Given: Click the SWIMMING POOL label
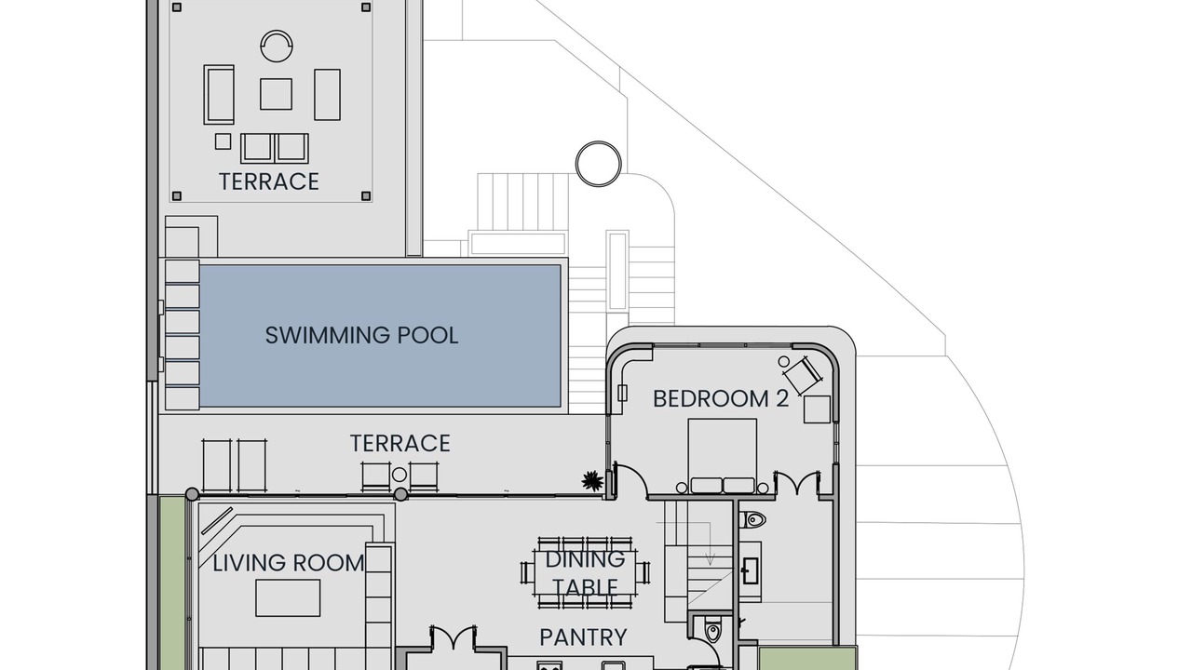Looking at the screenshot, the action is click(x=361, y=336).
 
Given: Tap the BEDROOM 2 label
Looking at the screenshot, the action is click(x=721, y=399).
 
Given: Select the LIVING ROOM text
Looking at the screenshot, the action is click(x=289, y=563).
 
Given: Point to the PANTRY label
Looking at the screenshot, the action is click(x=583, y=637).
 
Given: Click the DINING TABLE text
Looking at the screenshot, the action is click(x=586, y=573).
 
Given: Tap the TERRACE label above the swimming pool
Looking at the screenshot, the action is click(x=269, y=181).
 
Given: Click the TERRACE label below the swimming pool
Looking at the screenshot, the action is click(x=400, y=444).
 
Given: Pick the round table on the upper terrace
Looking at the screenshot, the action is click(x=277, y=47).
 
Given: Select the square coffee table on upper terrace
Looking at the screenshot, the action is click(x=276, y=94).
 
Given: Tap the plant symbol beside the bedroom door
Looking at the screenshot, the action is click(x=591, y=481).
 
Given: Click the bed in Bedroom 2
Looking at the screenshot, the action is click(x=722, y=456).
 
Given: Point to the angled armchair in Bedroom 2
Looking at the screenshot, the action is click(x=804, y=375).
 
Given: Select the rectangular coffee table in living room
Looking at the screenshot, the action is click(x=288, y=598).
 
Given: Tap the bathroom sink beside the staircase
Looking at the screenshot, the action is click(x=751, y=571).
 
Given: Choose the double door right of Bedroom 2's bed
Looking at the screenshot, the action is click(x=796, y=483).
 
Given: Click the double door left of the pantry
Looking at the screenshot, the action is click(x=453, y=637).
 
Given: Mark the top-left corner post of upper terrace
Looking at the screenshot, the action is click(x=177, y=7).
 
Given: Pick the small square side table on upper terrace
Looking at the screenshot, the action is click(x=223, y=141).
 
